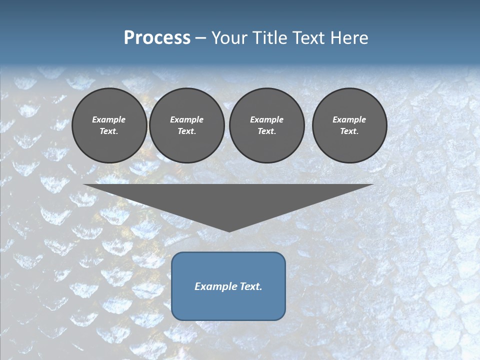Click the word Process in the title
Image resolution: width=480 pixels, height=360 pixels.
click(157, 38)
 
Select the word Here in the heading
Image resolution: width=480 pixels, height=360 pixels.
click(348, 38)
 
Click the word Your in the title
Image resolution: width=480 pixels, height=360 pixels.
click(229, 38)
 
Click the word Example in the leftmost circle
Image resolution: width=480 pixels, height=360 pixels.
click(109, 119)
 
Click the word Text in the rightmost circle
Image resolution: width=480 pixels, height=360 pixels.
click(349, 131)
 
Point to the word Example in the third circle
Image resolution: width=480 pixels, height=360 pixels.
click(266, 119)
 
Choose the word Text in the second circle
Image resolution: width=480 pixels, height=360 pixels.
click(186, 131)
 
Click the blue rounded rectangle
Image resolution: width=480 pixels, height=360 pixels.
click(228, 305)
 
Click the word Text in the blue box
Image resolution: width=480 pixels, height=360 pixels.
click(252, 286)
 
